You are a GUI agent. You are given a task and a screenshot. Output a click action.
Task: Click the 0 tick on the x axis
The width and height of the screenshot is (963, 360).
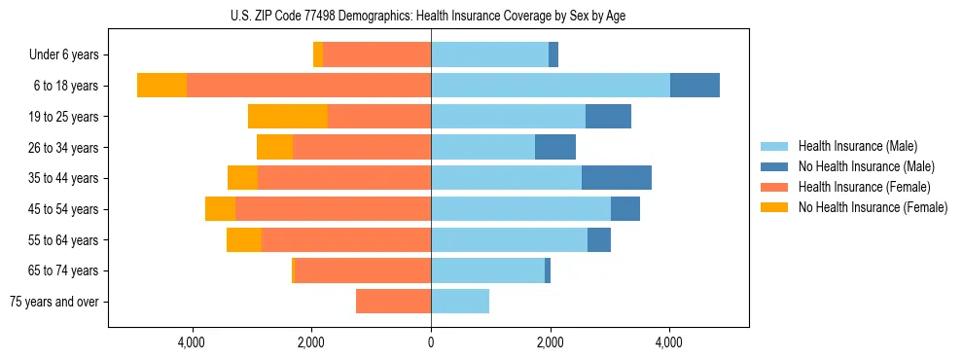coord(431,342)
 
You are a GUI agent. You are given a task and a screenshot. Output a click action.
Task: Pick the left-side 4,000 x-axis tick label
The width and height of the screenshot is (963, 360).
coord(192,342)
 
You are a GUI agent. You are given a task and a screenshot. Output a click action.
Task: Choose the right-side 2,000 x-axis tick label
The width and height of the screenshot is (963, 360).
coord(551,342)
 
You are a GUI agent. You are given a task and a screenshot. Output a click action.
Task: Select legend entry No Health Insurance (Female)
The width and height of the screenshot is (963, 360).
coord(873,207)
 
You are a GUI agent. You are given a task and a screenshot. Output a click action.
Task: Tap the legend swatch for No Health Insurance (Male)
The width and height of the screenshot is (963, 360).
coord(775,166)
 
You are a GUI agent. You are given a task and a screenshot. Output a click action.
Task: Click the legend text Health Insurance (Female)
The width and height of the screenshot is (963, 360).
coord(864,187)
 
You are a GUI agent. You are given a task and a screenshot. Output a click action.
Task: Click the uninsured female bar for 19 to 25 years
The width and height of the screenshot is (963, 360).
coord(288,117)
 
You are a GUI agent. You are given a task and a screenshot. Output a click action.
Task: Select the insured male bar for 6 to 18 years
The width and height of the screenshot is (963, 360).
coord(551,86)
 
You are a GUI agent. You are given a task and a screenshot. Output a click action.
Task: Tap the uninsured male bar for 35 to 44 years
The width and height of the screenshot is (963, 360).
coord(617,178)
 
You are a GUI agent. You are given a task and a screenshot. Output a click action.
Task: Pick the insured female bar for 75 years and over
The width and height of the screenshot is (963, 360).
coord(393,302)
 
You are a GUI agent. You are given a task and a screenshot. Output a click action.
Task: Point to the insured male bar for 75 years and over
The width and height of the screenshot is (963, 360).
coord(460,302)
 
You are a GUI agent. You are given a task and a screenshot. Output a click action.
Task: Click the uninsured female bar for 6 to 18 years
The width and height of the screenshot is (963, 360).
coord(161,86)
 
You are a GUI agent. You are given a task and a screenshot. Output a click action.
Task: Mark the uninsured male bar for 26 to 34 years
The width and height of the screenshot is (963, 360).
coord(555,147)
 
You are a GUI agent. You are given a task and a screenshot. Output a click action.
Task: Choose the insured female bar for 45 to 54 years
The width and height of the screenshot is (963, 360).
coord(333,209)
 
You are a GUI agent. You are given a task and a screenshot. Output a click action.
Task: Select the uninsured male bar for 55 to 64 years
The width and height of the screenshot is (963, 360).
coord(599,239)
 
